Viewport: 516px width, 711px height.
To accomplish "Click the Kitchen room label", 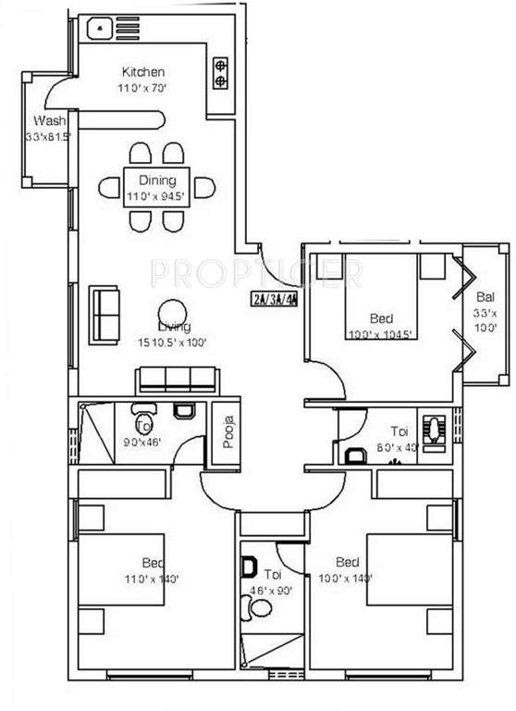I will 143,71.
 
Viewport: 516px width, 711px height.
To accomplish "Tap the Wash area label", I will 47,121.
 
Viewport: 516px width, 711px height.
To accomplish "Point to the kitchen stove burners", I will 221,73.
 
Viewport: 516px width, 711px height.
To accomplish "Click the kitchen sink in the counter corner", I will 100,29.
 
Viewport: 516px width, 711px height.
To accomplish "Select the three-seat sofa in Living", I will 177,379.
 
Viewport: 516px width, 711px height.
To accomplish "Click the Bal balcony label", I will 485,297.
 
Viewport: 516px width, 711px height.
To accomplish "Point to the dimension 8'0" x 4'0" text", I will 399,447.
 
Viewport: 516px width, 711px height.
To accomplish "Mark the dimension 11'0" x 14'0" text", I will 150,579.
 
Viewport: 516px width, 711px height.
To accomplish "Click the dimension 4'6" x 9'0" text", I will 272,587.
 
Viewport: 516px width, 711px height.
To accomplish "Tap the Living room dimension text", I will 172,342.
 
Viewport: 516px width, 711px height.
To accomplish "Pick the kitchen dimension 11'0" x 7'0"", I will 143,88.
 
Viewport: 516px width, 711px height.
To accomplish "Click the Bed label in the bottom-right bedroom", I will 348,562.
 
